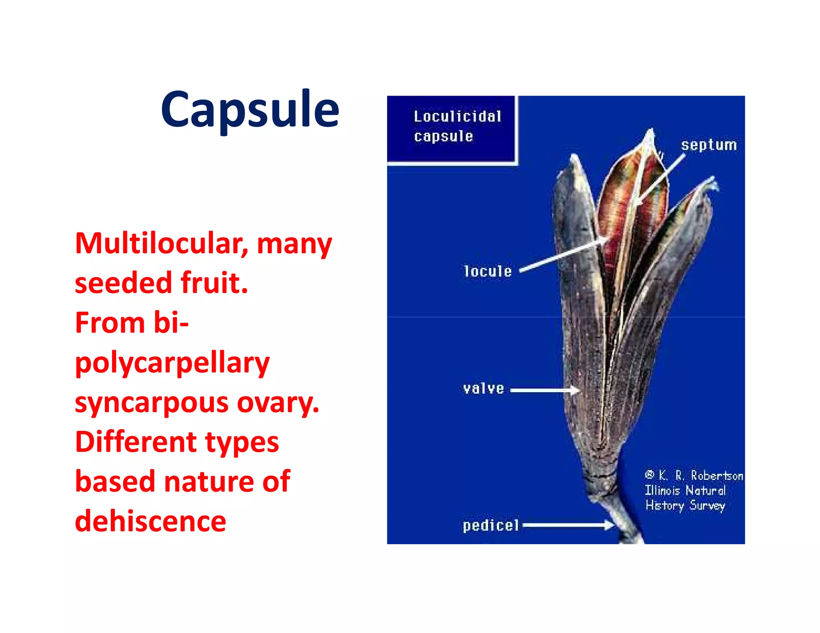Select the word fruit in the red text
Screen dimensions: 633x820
214,282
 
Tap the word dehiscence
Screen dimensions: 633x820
151,521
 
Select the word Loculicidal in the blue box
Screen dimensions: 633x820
457,117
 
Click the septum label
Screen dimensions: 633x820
709,145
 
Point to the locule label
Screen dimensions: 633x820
488,271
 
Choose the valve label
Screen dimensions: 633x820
483,389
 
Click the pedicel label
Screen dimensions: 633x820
490,525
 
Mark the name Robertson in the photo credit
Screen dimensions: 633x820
717,476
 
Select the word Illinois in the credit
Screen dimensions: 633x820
662,491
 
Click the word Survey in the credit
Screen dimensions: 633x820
707,506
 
